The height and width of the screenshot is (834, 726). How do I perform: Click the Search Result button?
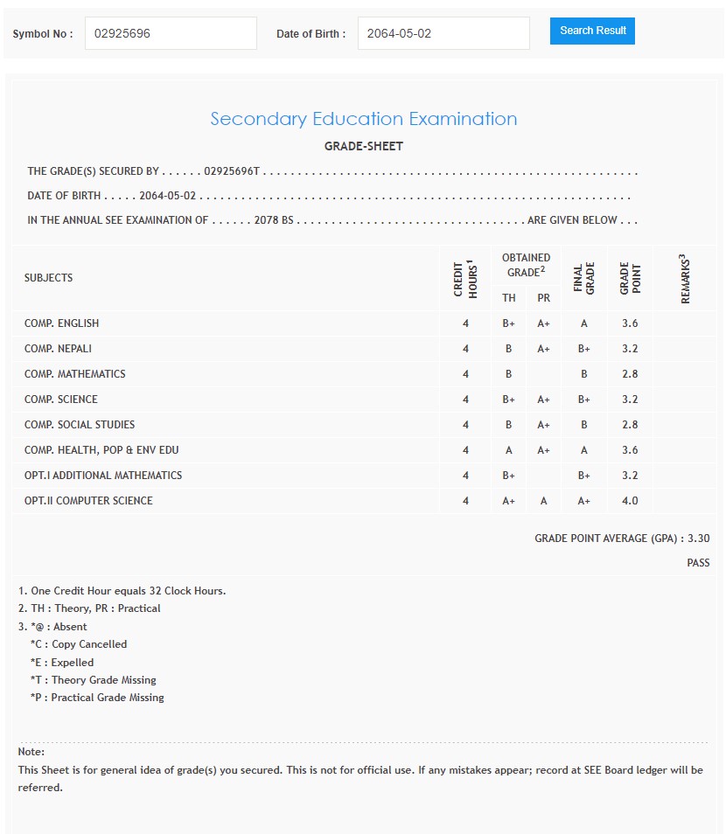(592, 31)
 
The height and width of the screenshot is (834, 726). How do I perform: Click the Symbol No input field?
(171, 33)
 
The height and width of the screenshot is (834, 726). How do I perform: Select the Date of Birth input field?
(443, 33)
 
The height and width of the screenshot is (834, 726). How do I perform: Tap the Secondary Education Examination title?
(363, 119)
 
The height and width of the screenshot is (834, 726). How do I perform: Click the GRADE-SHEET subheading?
(363, 146)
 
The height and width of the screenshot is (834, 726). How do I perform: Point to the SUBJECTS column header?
(49, 278)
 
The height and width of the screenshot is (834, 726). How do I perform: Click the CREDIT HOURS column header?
(464, 278)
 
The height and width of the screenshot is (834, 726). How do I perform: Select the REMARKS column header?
(685, 278)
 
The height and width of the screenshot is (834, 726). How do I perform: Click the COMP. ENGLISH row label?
(61, 323)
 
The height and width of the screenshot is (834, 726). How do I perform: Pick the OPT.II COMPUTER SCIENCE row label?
(88, 501)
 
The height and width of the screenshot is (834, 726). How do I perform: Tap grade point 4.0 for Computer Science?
(630, 501)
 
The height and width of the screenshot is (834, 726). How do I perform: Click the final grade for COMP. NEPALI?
(584, 349)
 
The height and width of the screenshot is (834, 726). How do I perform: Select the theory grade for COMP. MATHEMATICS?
(508, 374)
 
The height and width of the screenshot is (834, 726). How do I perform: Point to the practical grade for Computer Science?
(543, 501)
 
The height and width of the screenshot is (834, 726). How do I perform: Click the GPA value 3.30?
(699, 539)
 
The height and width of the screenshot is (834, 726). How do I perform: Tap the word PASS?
(698, 563)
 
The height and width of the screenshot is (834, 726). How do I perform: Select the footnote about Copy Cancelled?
(79, 644)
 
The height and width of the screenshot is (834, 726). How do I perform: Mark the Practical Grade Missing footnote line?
(97, 698)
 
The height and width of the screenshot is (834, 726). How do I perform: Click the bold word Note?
(31, 752)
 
